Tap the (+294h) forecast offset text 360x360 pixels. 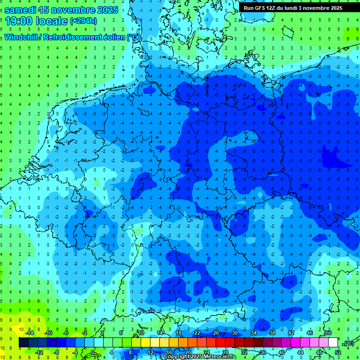tap(83, 21)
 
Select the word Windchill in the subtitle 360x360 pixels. tap(21, 37)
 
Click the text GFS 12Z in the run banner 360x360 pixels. tap(265, 8)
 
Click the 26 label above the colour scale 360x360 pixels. tap(216, 333)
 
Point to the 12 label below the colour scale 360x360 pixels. tap(150, 352)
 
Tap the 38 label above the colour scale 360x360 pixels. tap(272, 333)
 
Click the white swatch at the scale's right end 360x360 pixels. tap(333, 343)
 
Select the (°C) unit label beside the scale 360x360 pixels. tap(348, 343)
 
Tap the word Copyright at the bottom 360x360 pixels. tap(178, 357)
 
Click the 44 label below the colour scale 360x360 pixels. tap(300, 352)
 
